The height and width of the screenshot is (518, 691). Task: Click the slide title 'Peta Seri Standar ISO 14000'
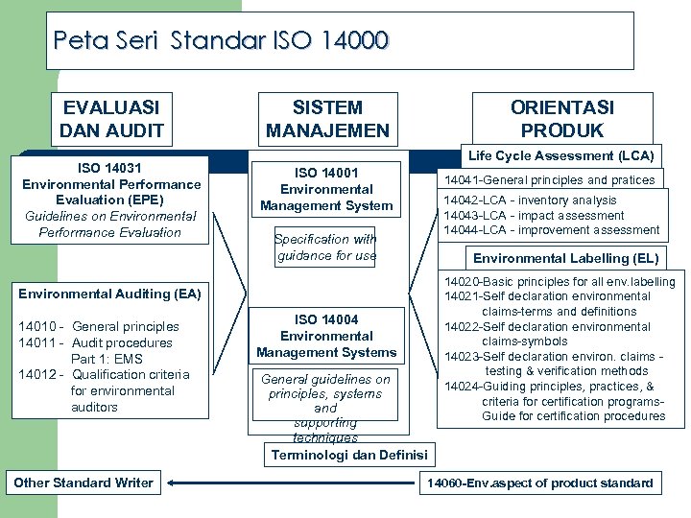coord(222,40)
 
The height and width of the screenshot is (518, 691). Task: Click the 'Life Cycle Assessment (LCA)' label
coord(562,155)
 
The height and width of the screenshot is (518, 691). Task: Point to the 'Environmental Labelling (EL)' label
coord(566,258)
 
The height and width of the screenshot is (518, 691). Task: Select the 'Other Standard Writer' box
coord(83,483)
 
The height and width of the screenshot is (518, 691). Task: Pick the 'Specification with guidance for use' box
coord(326,247)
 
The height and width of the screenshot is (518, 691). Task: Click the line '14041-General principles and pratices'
coord(549,179)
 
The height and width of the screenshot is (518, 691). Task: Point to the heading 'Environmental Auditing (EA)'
coord(109,294)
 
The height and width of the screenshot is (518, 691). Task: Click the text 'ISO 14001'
coord(326,173)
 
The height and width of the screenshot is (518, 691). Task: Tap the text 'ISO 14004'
coord(326,319)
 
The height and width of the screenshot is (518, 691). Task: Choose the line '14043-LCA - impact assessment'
coord(534,216)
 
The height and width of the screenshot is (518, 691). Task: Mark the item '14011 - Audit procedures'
coord(96,342)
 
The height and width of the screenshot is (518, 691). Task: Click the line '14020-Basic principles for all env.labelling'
coord(559,282)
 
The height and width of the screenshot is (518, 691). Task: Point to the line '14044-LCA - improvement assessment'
coord(551,230)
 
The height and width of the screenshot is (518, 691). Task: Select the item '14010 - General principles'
coord(99,326)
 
